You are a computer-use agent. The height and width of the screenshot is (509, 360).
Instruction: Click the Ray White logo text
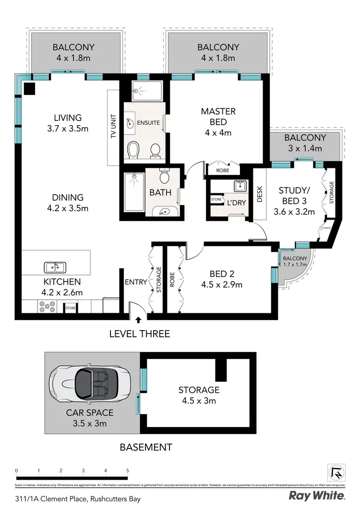click(316, 495)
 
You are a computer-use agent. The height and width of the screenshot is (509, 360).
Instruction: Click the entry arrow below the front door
click(139, 320)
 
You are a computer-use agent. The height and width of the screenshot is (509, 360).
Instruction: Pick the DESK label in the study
click(259, 194)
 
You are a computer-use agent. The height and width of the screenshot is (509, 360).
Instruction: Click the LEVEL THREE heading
click(139, 333)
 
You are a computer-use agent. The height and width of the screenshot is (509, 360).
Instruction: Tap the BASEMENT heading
click(145, 447)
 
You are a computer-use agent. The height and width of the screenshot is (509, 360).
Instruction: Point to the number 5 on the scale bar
click(127, 470)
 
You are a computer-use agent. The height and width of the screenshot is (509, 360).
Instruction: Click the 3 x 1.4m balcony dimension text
click(304, 149)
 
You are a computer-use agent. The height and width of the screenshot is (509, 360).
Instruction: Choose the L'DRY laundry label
click(236, 203)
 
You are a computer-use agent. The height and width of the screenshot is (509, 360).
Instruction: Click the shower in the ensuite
click(144, 89)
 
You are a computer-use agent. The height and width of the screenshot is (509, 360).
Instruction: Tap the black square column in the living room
click(30, 88)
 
